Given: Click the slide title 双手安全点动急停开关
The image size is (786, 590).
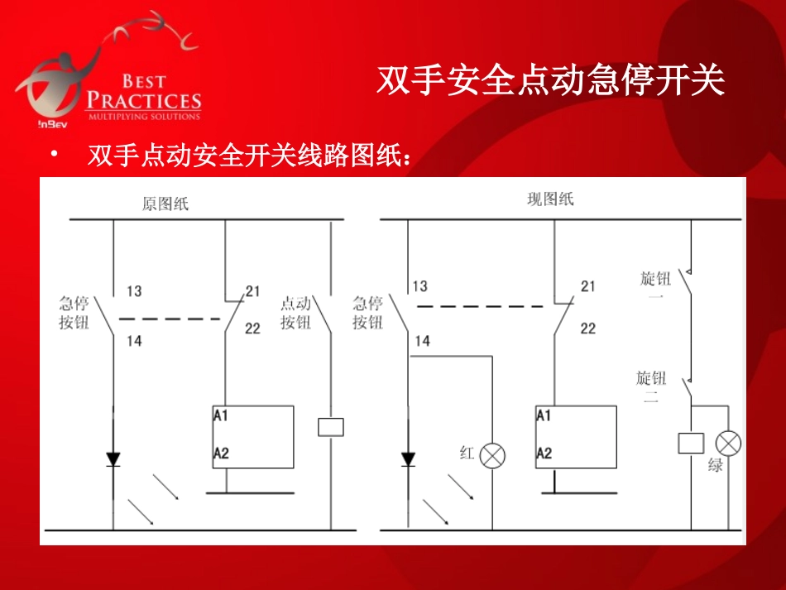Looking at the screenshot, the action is click(x=551, y=81).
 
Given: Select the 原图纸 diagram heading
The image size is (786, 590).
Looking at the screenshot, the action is click(x=165, y=204).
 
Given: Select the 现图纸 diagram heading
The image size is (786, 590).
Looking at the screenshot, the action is click(x=550, y=199).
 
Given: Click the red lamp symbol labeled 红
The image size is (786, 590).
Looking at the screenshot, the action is click(x=493, y=455).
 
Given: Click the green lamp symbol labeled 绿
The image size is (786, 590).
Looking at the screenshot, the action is click(x=729, y=444).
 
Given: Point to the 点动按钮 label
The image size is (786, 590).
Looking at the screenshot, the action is click(x=295, y=313).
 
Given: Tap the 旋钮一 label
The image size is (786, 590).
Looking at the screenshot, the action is click(x=655, y=287).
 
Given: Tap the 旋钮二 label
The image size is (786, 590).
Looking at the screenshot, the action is click(x=651, y=387).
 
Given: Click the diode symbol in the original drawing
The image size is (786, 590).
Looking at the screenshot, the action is click(x=113, y=458).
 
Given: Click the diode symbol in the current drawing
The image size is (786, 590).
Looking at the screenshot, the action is click(x=408, y=458).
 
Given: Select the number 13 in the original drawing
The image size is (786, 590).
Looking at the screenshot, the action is click(x=134, y=291).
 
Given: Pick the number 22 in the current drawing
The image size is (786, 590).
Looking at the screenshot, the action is click(x=587, y=329).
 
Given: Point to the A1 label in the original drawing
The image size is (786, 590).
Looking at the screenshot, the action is click(x=221, y=415).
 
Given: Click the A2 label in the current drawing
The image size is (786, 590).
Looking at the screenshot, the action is click(x=544, y=453).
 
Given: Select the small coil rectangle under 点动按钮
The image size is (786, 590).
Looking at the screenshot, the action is click(x=331, y=427).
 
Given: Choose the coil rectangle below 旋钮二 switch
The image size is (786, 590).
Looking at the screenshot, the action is click(x=691, y=443).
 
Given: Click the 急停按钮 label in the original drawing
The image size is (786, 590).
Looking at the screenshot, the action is click(x=74, y=313).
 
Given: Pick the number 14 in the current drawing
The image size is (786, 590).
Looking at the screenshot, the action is click(x=422, y=341).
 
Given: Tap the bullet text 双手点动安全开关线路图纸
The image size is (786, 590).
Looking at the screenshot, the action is click(x=249, y=156).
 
